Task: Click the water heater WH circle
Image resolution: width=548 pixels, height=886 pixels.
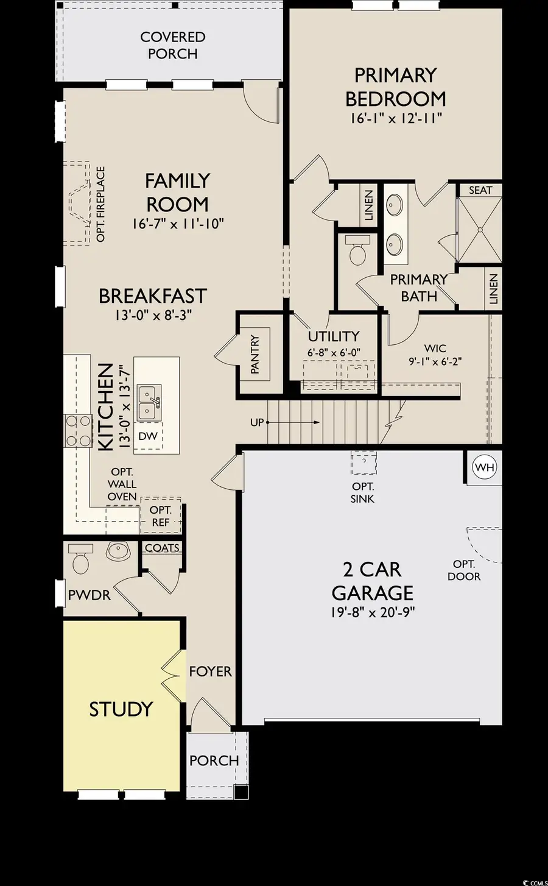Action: [x=485, y=467]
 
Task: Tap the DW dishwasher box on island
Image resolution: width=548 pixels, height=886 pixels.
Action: [x=148, y=436]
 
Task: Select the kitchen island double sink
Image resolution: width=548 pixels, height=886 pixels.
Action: [x=149, y=402]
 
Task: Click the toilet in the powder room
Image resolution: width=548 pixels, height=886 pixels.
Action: [x=80, y=559]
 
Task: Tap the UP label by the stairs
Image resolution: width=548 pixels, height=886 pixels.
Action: [x=257, y=422]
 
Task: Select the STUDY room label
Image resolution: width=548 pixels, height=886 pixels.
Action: [x=121, y=709]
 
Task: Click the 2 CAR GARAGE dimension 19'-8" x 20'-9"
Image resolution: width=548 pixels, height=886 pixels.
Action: [x=373, y=612]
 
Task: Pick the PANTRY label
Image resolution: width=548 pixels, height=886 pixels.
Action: [x=255, y=354]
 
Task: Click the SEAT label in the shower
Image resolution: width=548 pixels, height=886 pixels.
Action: [x=480, y=190]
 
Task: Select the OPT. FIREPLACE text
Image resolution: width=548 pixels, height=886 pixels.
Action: [x=101, y=204]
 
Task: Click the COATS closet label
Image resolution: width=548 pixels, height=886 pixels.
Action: [x=162, y=548]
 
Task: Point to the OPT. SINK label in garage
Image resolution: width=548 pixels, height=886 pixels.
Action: [x=363, y=492]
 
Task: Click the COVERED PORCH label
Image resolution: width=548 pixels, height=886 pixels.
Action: [x=172, y=45]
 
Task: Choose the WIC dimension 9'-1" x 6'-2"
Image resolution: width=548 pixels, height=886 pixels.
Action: [x=435, y=361]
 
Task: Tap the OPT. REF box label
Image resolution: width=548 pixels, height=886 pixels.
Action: [x=161, y=516]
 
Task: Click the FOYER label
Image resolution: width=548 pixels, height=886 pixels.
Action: [x=210, y=672]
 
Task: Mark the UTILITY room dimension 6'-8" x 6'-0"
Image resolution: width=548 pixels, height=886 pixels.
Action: [x=334, y=352]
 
